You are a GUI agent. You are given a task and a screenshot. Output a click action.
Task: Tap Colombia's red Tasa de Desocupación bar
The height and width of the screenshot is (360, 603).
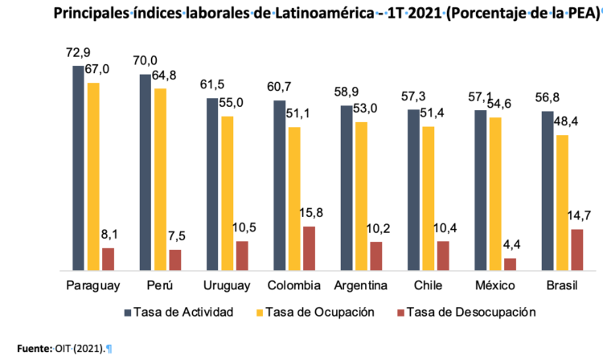[x=309, y=248]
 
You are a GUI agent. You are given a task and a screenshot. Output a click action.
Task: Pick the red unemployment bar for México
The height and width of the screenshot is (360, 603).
[x=510, y=264]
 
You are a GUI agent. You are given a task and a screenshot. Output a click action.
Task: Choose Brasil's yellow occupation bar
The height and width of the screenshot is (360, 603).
[x=562, y=202]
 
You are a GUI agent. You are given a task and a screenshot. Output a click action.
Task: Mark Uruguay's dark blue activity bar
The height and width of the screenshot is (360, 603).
[x=212, y=184]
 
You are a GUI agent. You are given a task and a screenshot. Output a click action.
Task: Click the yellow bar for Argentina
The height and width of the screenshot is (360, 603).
[x=361, y=196]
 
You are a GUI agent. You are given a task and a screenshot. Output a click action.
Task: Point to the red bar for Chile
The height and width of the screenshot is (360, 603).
[x=443, y=256]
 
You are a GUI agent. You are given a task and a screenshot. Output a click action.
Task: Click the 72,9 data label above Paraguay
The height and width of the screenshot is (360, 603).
[x=78, y=54]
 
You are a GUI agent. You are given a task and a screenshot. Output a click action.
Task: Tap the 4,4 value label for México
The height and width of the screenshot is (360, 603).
[x=513, y=245]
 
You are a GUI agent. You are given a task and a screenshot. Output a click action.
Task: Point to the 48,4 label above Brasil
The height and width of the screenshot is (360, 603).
[x=566, y=121]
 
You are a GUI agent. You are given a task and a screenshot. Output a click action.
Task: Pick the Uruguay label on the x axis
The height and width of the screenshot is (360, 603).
[x=227, y=286]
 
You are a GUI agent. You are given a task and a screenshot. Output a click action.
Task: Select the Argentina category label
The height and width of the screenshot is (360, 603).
[x=361, y=286]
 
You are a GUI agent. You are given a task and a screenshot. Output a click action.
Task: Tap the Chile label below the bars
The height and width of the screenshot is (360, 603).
[x=428, y=286]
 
